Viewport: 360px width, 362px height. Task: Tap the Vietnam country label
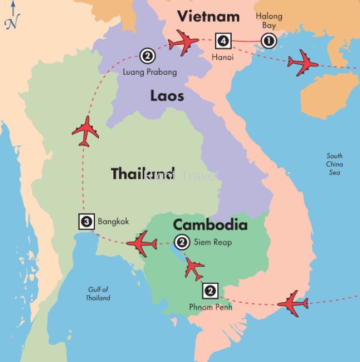[208, 16]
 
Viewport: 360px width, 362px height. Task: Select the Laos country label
[167, 96]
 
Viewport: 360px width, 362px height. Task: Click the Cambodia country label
[210, 225]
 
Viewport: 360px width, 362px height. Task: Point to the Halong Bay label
[269, 21]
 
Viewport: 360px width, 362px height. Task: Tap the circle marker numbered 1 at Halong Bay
[269, 40]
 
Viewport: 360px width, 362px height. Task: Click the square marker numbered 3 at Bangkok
[86, 222]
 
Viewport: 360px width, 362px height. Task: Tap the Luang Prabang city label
[149, 72]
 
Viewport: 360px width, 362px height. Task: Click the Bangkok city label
[113, 222]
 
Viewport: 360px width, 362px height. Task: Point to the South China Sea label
[334, 164]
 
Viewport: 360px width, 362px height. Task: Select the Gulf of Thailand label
[98, 294]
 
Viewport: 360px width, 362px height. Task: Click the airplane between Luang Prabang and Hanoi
[183, 42]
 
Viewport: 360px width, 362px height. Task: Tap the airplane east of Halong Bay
[303, 63]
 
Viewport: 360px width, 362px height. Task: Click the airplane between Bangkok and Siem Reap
[142, 243]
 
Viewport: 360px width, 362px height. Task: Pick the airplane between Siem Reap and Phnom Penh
[195, 268]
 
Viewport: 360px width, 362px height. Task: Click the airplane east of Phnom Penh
[293, 304]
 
